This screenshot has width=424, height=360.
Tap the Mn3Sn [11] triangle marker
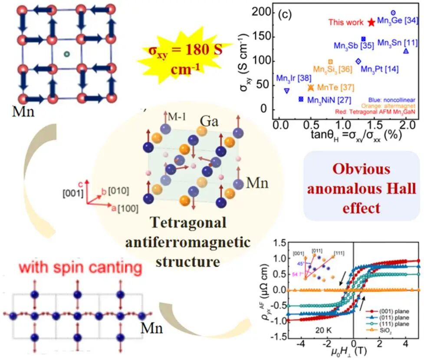(406, 51)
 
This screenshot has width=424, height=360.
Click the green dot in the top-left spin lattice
(66, 54)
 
